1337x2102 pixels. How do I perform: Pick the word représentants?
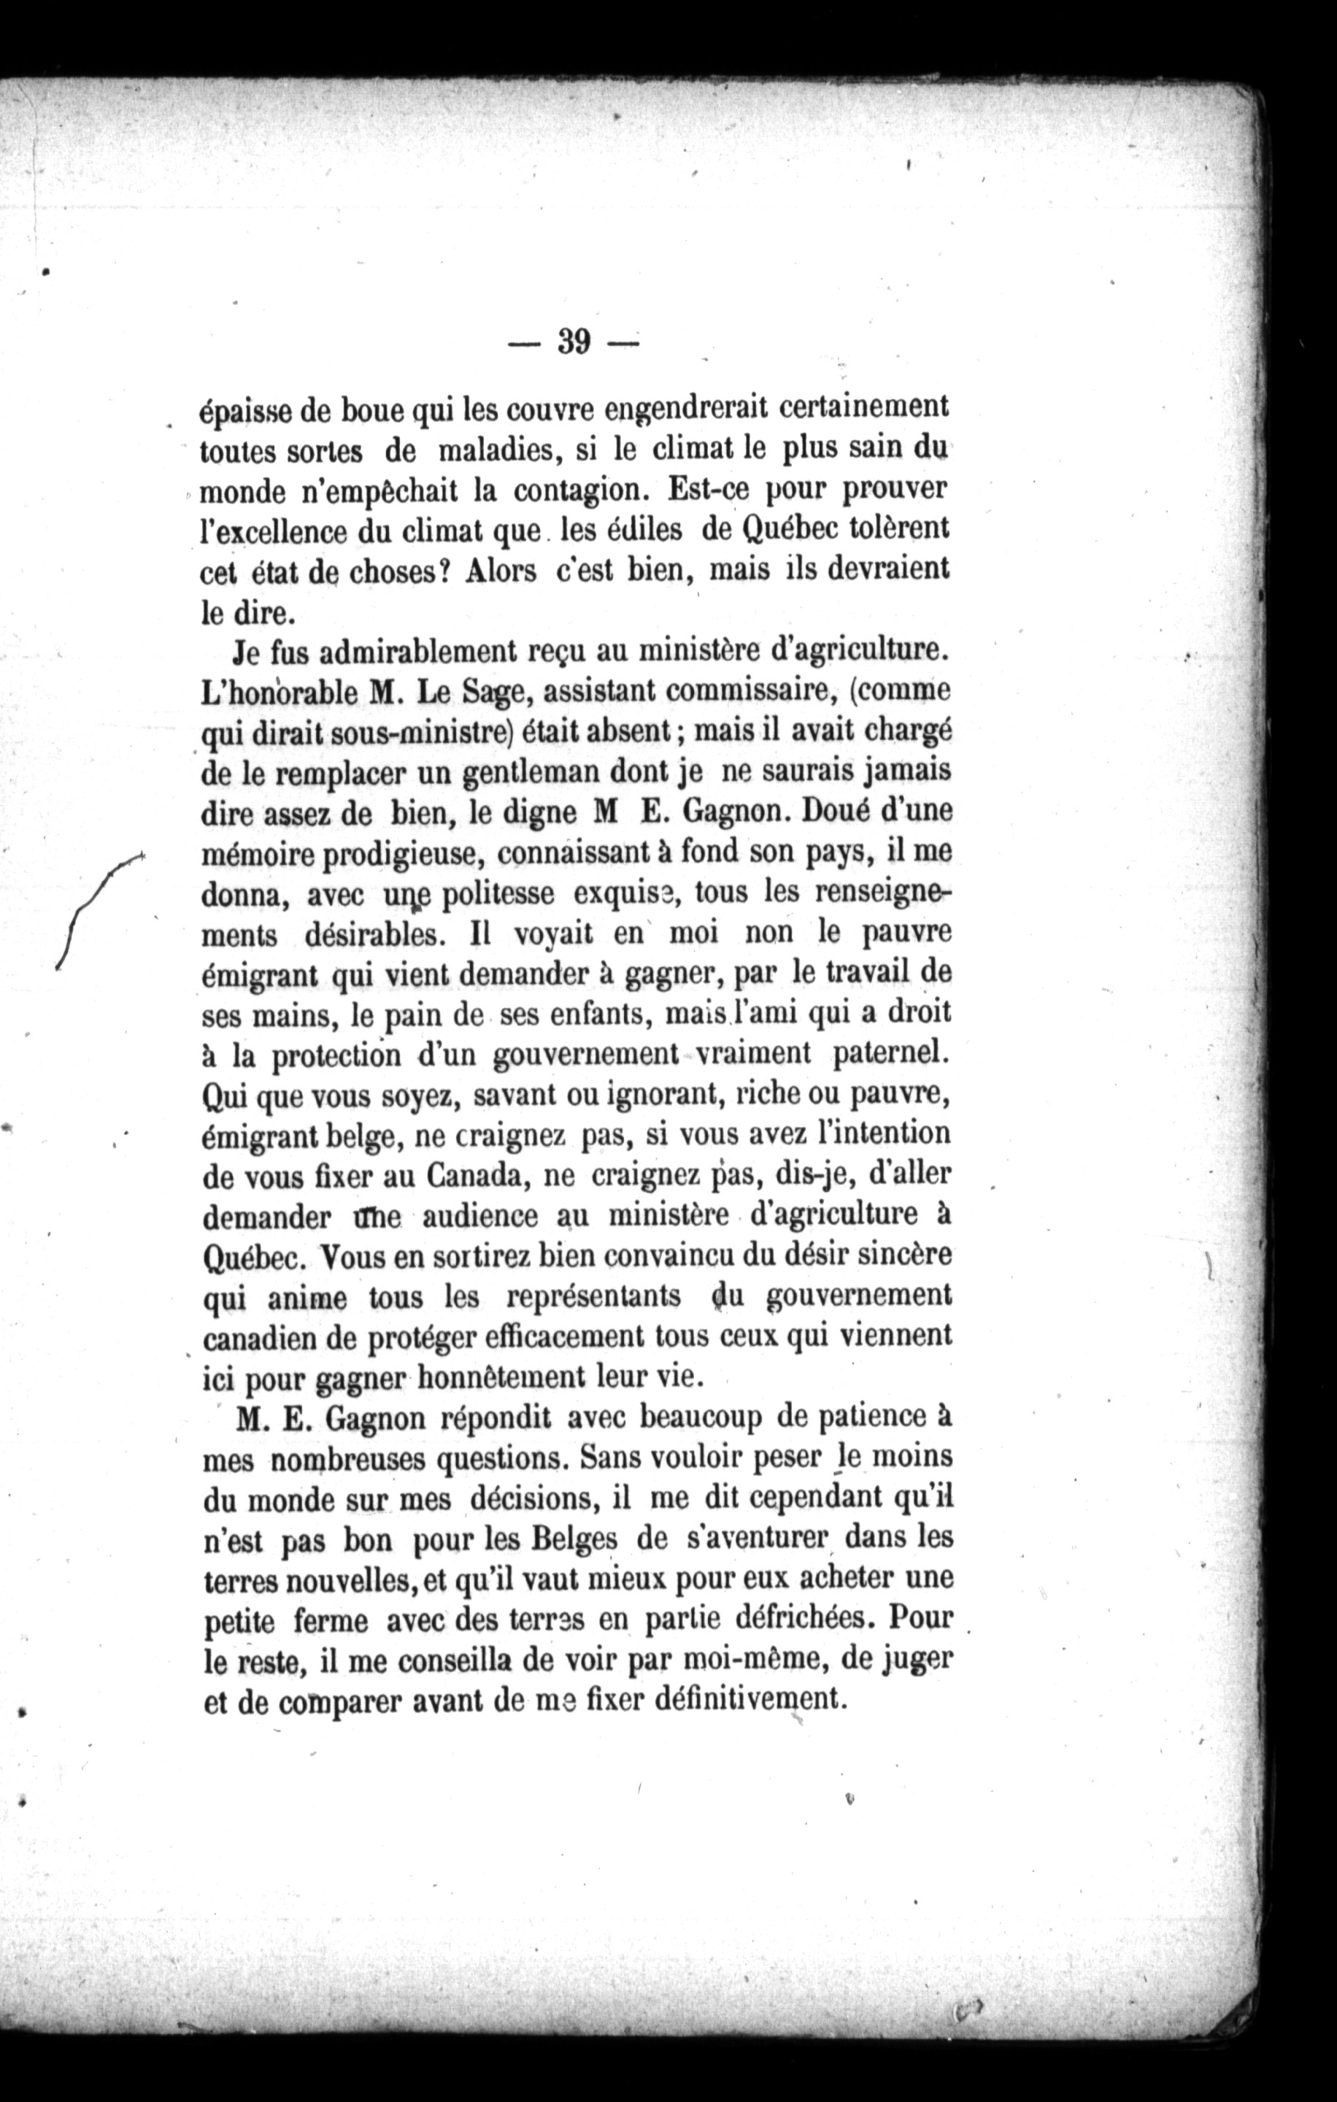tap(593, 1297)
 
